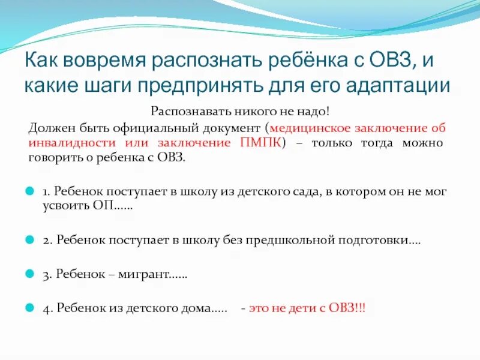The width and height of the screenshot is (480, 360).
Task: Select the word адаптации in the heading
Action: point(398,85)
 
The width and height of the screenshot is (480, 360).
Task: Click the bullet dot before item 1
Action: point(29,191)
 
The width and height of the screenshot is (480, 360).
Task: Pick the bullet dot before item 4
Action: point(29,308)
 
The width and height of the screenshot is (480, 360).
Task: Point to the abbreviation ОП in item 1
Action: point(101,205)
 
